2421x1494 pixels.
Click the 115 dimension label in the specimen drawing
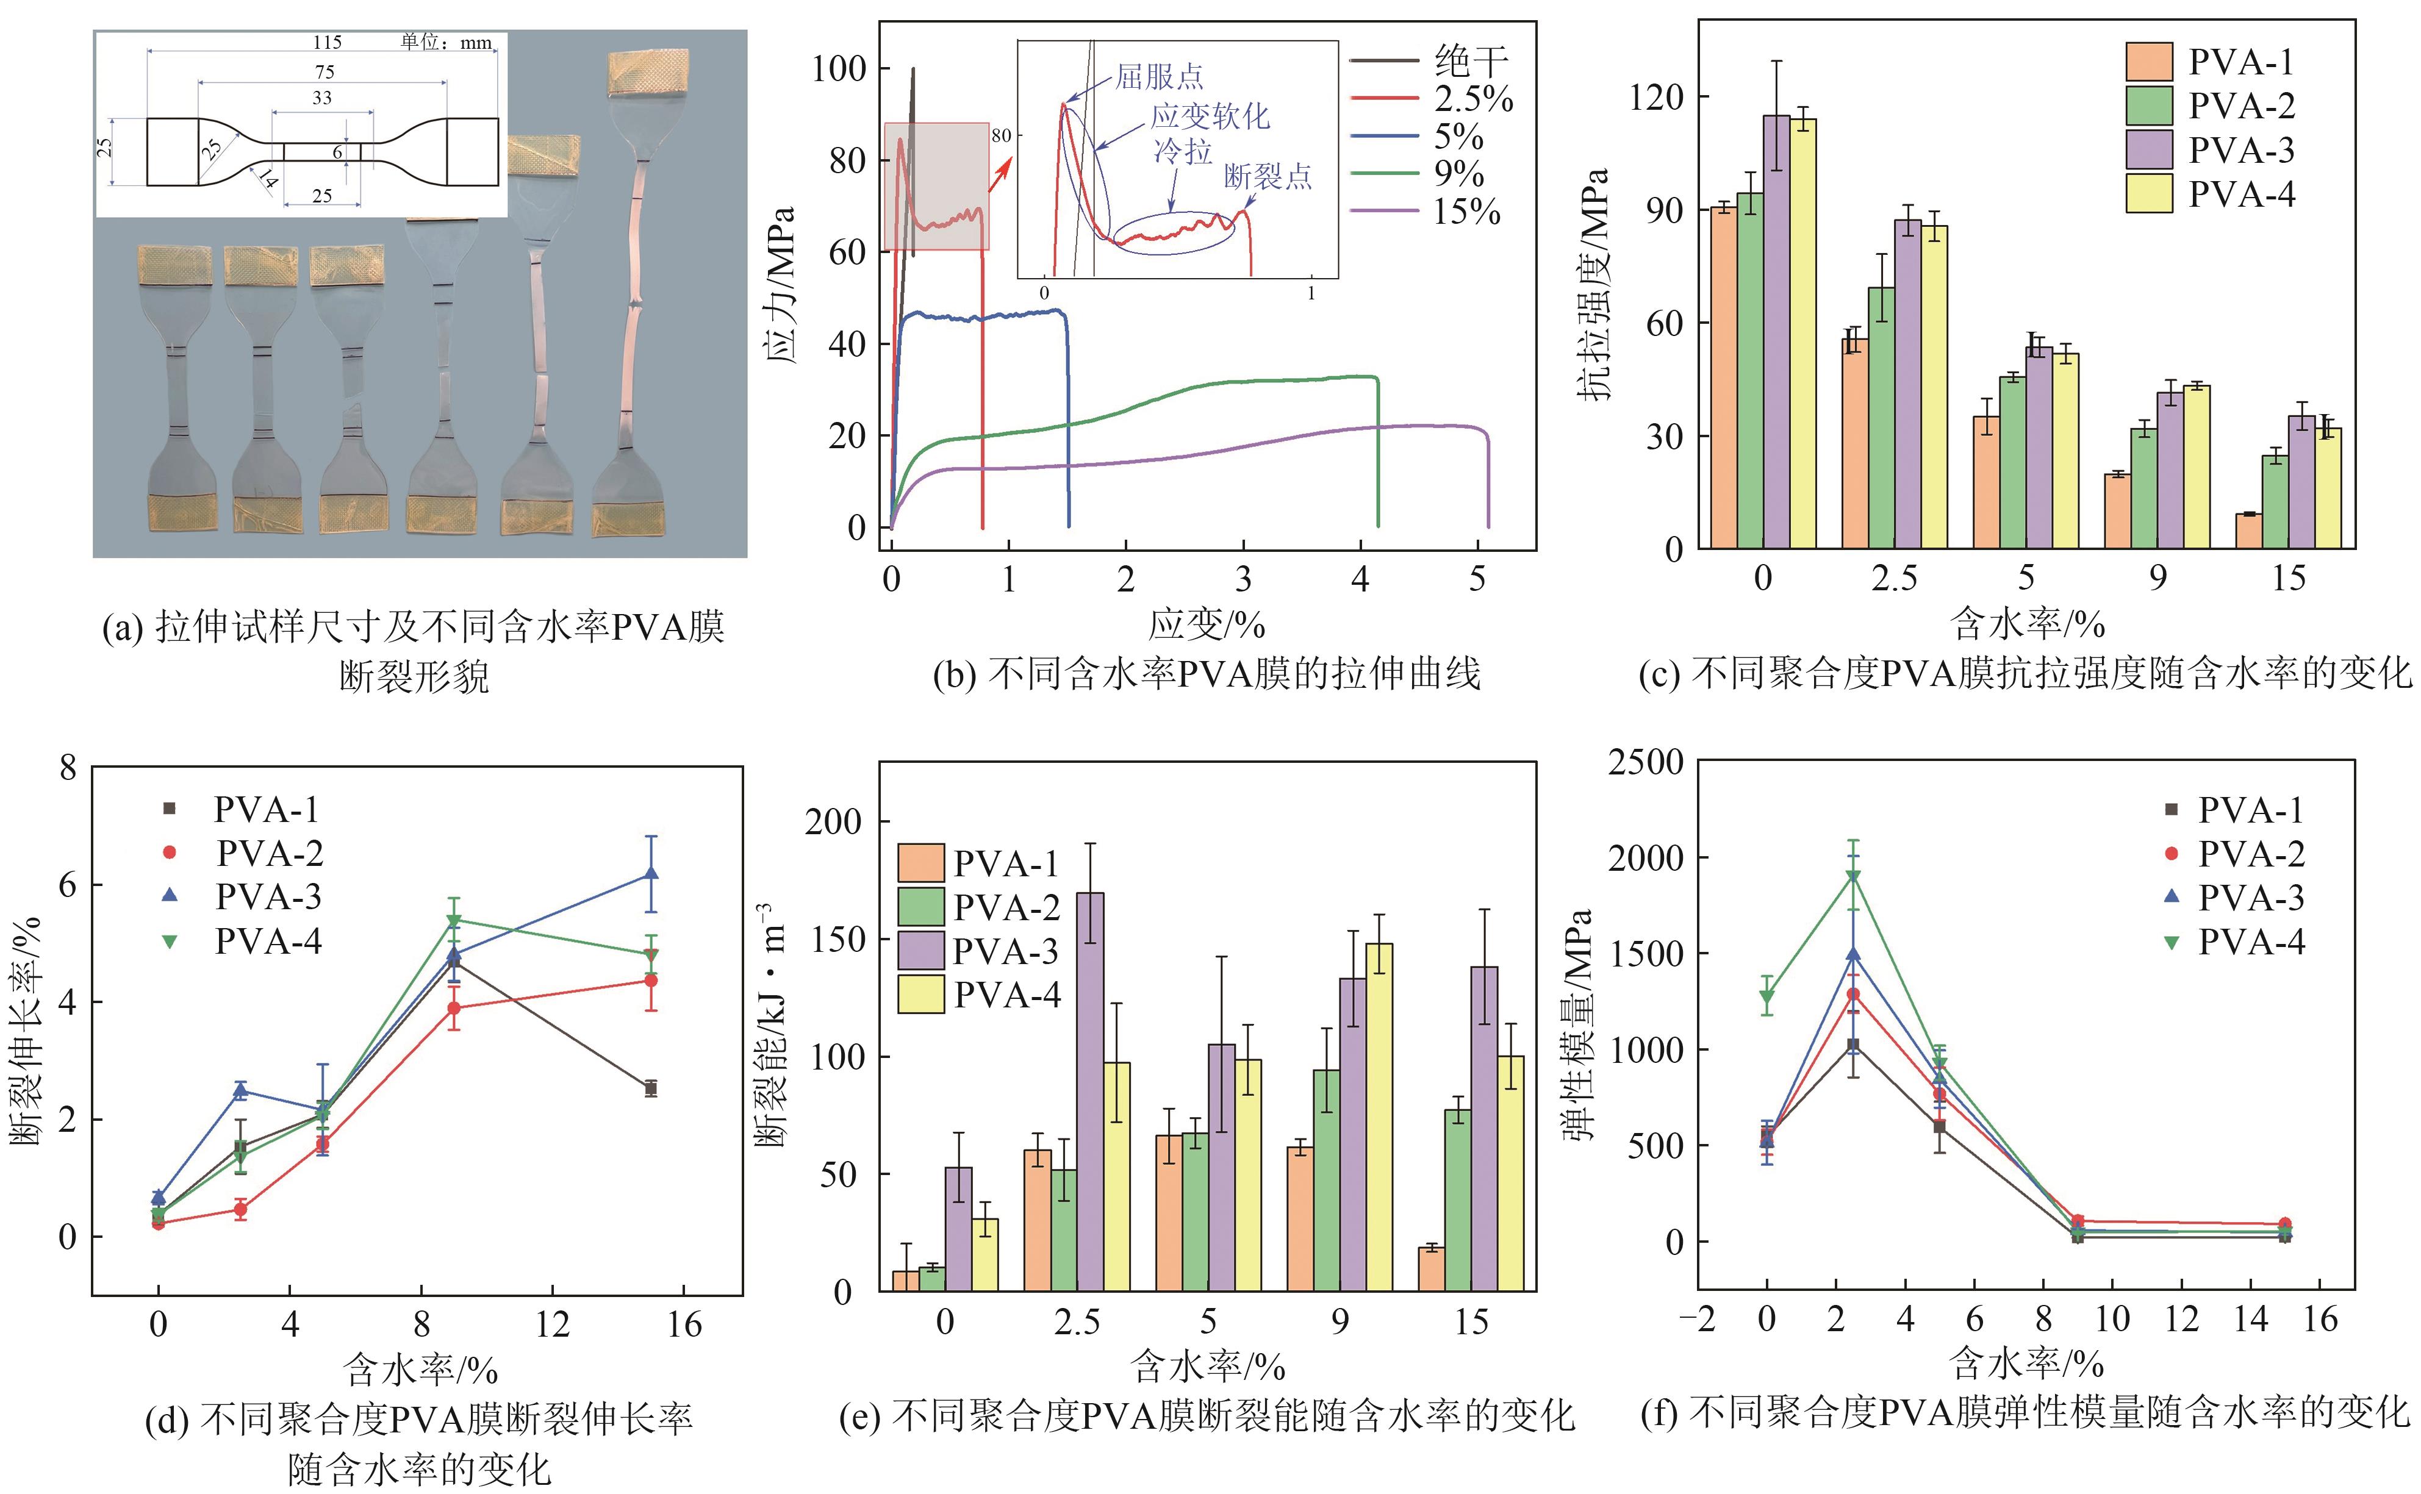tap(327, 43)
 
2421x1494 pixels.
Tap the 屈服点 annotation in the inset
tap(1159, 76)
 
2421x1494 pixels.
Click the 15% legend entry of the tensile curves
tap(1466, 212)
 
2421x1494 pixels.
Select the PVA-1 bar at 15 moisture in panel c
tap(2249, 531)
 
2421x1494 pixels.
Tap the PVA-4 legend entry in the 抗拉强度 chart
tap(2241, 194)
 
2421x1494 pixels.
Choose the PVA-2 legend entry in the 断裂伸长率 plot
tap(269, 852)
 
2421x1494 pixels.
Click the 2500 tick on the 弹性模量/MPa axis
tap(1645, 762)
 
